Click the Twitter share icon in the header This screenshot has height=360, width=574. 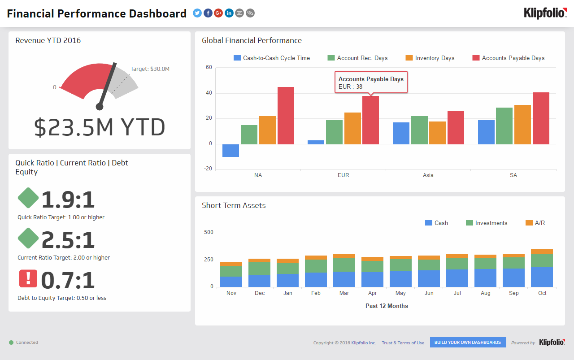pyautogui.click(x=197, y=13)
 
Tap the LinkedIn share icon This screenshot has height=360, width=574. pyautogui.click(x=229, y=13)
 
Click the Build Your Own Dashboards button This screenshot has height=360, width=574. pyautogui.click(x=468, y=343)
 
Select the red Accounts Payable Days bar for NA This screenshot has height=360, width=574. pyautogui.click(x=286, y=116)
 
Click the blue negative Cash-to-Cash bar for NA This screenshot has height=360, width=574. pyautogui.click(x=230, y=151)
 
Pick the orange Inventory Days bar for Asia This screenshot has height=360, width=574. pyautogui.click(x=437, y=133)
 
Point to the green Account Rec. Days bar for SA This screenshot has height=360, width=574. pyautogui.click(x=504, y=126)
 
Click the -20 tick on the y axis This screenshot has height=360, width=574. pyautogui.click(x=208, y=169)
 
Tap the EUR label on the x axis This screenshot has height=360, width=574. pyautogui.click(x=343, y=175)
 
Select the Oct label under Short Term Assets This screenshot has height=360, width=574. pyautogui.click(x=542, y=293)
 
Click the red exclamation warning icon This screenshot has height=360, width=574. pyautogui.click(x=28, y=278)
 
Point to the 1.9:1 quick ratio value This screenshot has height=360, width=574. pyautogui.click(x=68, y=200)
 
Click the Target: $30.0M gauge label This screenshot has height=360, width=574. pyautogui.click(x=150, y=69)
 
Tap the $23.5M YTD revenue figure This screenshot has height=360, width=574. pyautogui.click(x=100, y=128)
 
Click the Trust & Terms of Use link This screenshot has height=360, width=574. pyautogui.click(x=403, y=343)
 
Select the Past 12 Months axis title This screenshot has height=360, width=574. pyautogui.click(x=386, y=306)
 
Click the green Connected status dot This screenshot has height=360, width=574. pyautogui.click(x=11, y=343)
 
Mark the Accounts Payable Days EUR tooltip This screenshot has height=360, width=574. pyautogui.click(x=371, y=82)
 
